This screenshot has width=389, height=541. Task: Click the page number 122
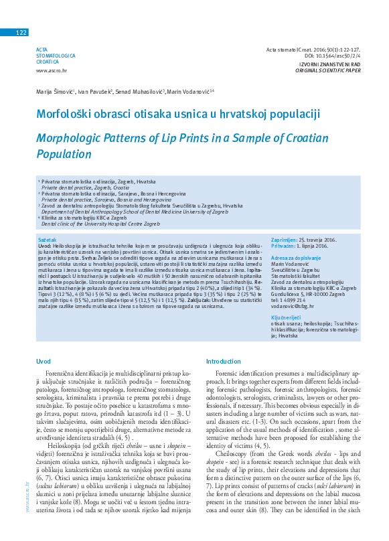pyautogui.click(x=21, y=33)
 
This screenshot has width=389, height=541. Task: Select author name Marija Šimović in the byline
pyautogui.click(x=55, y=90)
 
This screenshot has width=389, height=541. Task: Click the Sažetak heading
pyautogui.click(x=47, y=239)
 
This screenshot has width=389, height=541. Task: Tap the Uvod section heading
pyautogui.click(x=44, y=361)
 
